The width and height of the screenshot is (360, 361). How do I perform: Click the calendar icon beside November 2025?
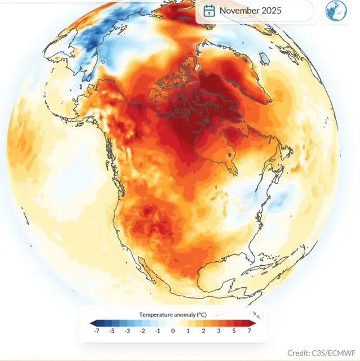tap(209, 10)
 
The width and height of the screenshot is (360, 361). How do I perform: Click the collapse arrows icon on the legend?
tap(256, 315)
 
